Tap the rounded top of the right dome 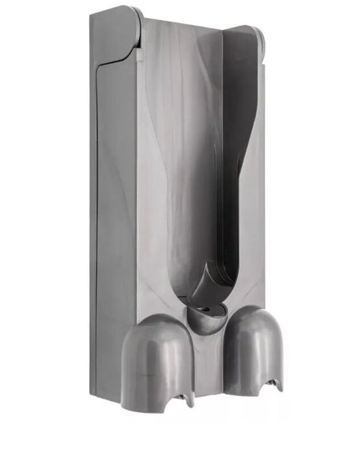coord(251,311)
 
